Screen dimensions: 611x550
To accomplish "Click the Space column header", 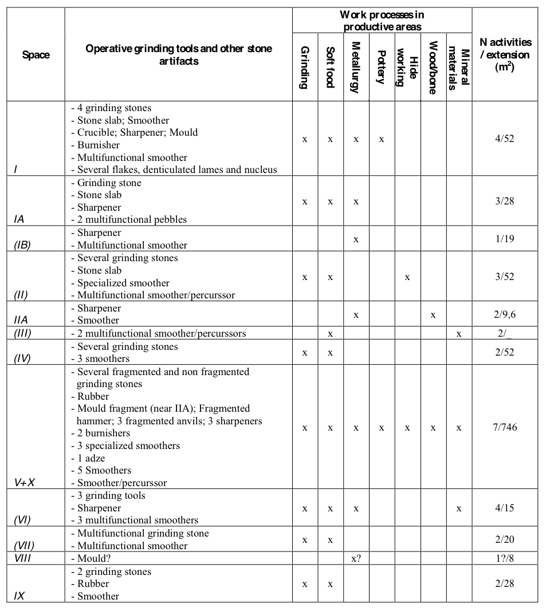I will [x=36, y=55].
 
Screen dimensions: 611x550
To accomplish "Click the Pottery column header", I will [x=381, y=67].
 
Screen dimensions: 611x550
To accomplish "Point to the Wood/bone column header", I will [x=433, y=68].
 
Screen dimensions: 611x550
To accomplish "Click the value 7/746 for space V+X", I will [x=504, y=427].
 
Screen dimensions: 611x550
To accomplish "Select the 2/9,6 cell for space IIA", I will [x=504, y=314].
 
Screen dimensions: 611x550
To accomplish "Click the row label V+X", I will [x=25, y=482].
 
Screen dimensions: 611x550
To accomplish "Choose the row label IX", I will [x=19, y=596].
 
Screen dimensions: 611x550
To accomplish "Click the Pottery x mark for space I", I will [x=381, y=139].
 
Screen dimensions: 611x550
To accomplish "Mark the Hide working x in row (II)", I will [x=407, y=277].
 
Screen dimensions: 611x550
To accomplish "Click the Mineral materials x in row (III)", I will [x=459, y=333].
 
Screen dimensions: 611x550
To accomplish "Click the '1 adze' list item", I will [x=91, y=458].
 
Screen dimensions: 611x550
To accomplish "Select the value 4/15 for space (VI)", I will [x=504, y=508].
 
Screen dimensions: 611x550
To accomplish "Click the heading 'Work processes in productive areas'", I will [x=382, y=21].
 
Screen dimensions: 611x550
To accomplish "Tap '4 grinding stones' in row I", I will [x=114, y=108].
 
